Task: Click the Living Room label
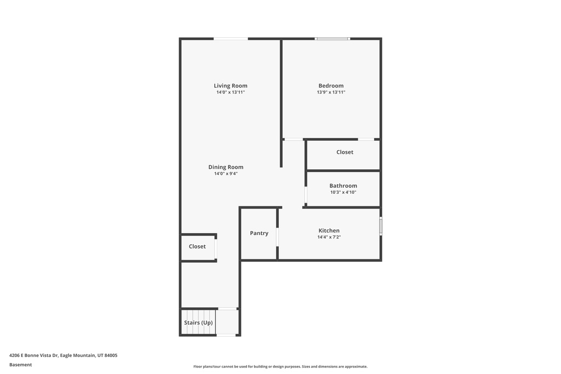[231, 85]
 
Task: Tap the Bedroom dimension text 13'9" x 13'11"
[331, 92]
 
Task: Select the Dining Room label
[226, 167]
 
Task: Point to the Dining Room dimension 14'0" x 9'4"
[226, 174]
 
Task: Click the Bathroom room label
[343, 186]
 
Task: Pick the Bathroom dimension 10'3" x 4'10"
[343, 192]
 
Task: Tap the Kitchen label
[329, 231]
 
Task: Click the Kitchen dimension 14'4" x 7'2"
[329, 237]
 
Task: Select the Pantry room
[259, 233]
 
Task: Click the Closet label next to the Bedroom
[345, 152]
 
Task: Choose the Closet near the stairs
[197, 246]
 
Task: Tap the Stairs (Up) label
[198, 323]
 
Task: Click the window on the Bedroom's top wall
[333, 39]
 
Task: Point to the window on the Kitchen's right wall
[381, 226]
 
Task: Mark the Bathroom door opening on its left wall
[306, 195]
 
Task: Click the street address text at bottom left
[64, 355]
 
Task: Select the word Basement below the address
[20, 365]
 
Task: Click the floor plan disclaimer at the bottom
[280, 366]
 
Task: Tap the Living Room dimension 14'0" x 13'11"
[231, 92]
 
